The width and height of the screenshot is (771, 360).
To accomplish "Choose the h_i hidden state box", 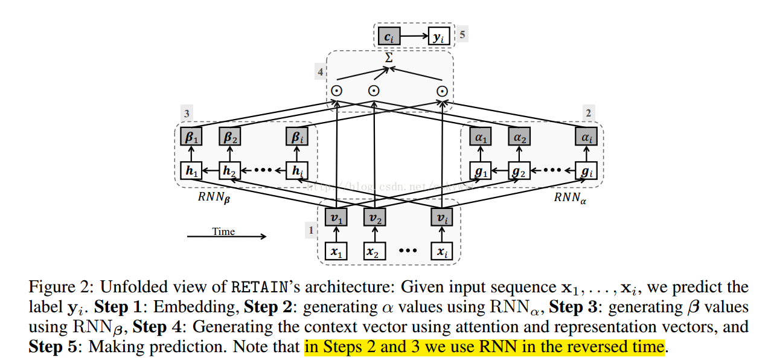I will (x=296, y=171).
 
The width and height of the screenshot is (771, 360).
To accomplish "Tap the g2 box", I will (x=518, y=171).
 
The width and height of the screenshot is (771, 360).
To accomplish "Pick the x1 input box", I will (x=337, y=251).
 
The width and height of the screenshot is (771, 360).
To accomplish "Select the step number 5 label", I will (x=462, y=34).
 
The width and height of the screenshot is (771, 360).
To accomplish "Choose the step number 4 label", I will (x=320, y=72).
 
